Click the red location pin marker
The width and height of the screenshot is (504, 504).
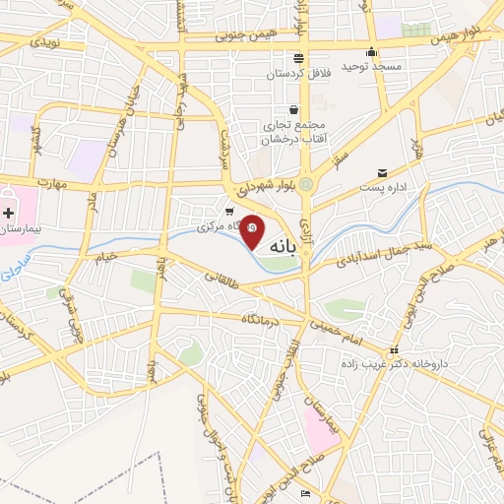(252, 230)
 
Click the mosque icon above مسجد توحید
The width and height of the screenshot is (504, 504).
(371, 52)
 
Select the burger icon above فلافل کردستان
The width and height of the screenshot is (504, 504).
(298, 57)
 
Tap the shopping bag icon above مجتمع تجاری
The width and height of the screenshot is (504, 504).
(293, 110)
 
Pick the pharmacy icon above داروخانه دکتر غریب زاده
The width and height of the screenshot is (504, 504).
(395, 349)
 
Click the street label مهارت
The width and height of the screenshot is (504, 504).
(46, 183)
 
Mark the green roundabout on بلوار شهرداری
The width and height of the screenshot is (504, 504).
(307, 184)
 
